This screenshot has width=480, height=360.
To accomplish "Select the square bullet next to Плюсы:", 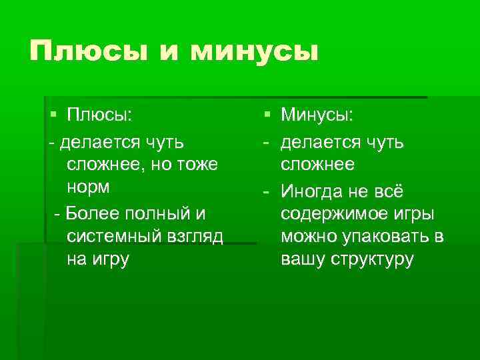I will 53,115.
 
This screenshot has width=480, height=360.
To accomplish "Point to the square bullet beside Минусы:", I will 267,115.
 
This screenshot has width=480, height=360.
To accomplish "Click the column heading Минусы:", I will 317,115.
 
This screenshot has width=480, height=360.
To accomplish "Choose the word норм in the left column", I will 91,188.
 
